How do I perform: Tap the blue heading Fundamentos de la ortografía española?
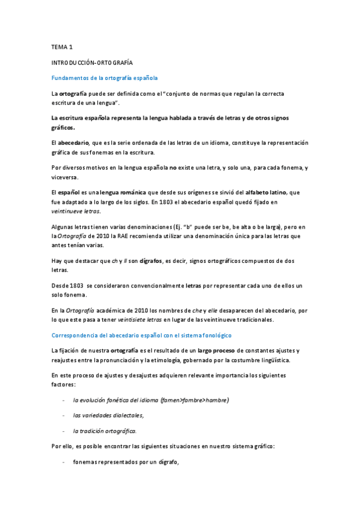pyautogui.click(x=105, y=78)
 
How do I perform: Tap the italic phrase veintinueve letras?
pyautogui.click(x=76, y=212)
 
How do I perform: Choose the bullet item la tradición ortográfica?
pyautogui.click(x=105, y=431)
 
